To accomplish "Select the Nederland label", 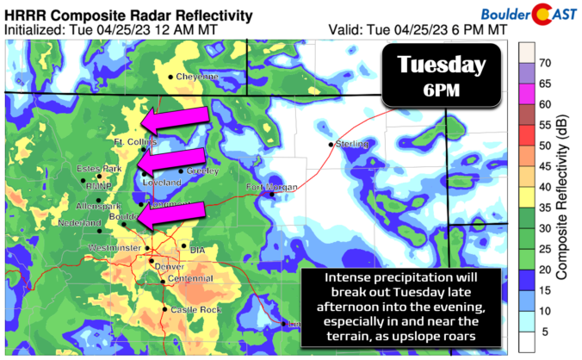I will pyautogui.click(x=74, y=222).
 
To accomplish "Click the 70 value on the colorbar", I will pyautogui.click(x=545, y=63).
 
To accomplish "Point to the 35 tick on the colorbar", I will pyautogui.click(x=545, y=208).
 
